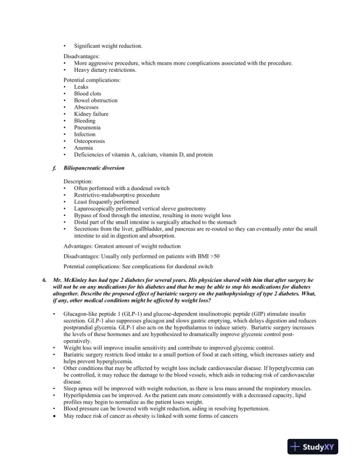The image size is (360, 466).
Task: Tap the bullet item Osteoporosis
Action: pos(89,141)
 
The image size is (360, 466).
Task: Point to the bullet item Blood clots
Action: pos(88,94)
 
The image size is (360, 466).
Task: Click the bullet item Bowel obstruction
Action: pos(95,101)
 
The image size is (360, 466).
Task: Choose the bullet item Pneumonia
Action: pos(87,128)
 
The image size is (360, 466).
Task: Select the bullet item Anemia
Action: pos(84,148)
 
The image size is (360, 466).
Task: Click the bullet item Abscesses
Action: pos(86,108)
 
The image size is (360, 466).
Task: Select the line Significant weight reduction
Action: pos(108,46)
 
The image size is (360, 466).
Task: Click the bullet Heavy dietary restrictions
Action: pos(105,70)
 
